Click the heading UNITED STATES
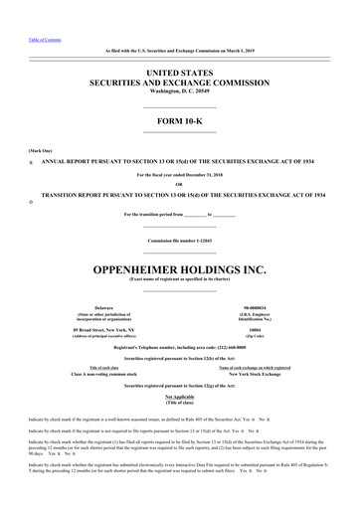[180, 73]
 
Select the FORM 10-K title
[180, 123]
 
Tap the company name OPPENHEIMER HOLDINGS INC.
[180, 242]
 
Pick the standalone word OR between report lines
[179, 182]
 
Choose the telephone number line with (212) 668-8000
[179, 320]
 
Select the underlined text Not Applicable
[180, 367]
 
